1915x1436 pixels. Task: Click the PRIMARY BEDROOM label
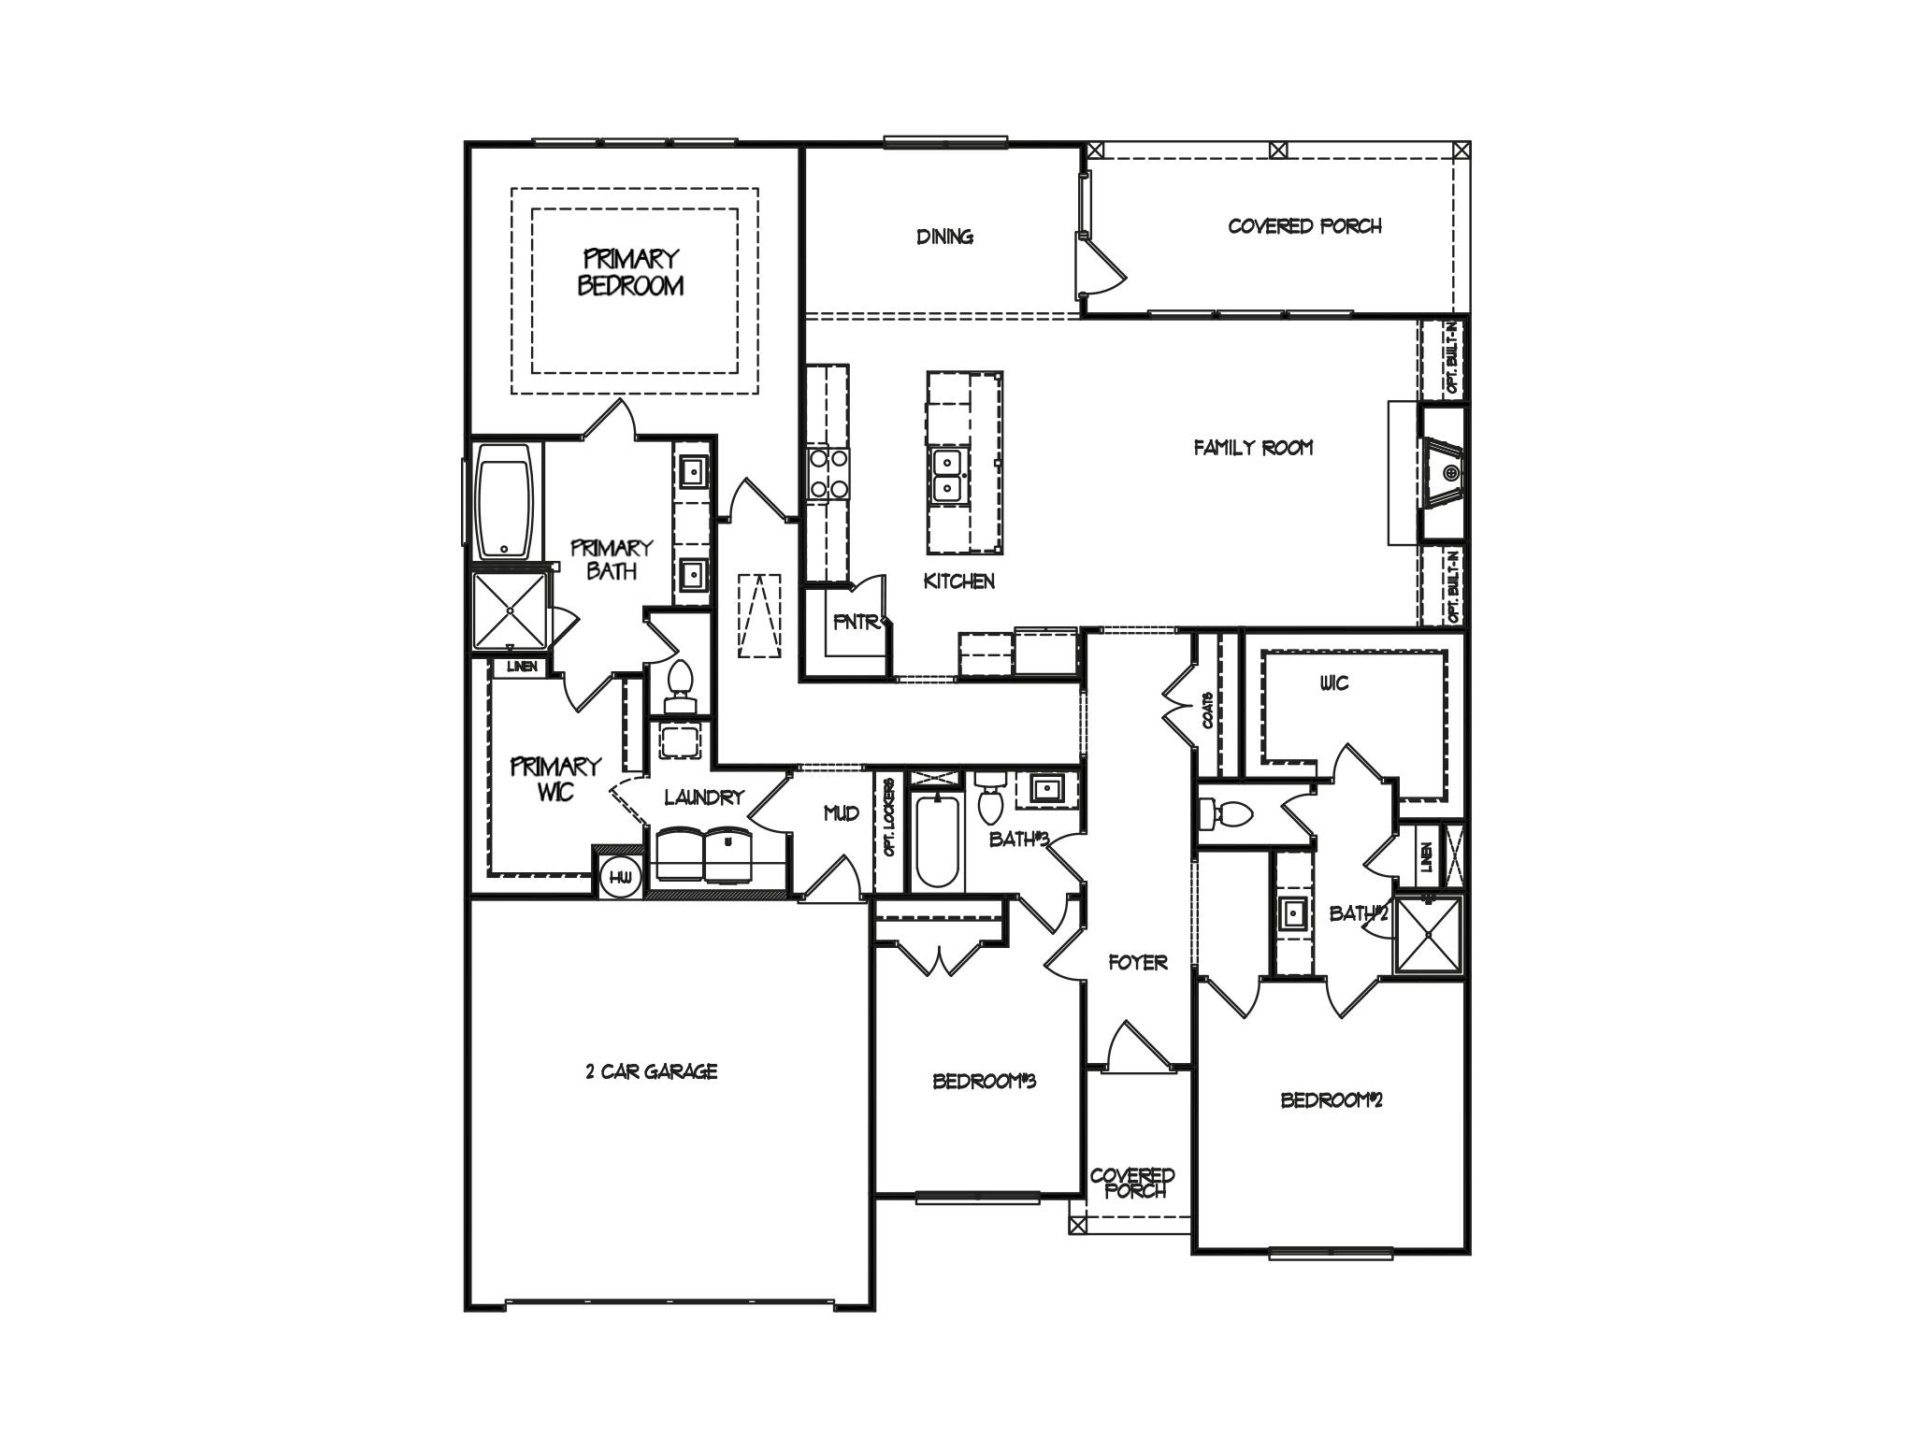point(630,272)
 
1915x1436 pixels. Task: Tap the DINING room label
point(944,237)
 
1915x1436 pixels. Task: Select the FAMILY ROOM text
point(1253,448)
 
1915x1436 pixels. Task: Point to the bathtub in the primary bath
point(505,501)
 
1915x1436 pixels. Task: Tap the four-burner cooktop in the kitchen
point(828,473)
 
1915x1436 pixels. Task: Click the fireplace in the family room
point(1445,473)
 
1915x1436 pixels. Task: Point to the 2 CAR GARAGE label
point(651,1071)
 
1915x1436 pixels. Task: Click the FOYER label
point(1137,962)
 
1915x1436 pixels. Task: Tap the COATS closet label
point(1208,710)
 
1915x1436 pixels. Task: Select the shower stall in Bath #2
point(1427,935)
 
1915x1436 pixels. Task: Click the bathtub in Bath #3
point(936,841)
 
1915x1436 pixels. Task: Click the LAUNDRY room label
point(703,797)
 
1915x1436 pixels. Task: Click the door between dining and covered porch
point(1101,266)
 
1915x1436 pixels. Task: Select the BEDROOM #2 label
point(1332,1100)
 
